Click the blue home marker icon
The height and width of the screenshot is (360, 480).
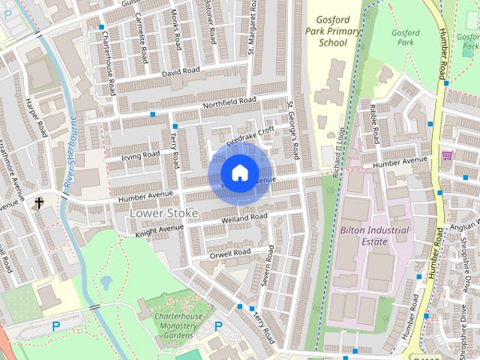tap(239, 173)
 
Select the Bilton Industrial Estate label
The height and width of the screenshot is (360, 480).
tap(374, 235)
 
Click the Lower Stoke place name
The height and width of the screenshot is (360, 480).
tap(163, 213)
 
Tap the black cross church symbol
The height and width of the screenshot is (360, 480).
tap(38, 202)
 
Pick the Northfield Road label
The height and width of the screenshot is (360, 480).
tap(229, 103)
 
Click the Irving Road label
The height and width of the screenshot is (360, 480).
tap(140, 156)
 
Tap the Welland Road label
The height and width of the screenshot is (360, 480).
tap(244, 219)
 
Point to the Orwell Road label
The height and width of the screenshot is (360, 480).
tap(230, 253)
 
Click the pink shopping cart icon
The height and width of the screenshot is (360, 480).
tap(448, 156)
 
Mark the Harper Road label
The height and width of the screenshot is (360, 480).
tap(34, 118)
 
